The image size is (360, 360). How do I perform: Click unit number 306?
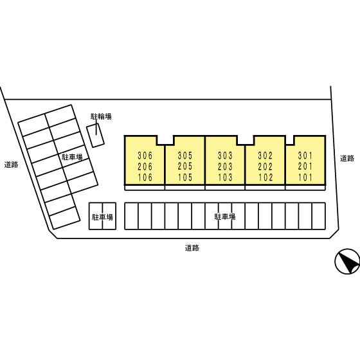145,156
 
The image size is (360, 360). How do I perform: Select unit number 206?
145,166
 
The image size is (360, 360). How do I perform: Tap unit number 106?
145,177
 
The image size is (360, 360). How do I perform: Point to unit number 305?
185,156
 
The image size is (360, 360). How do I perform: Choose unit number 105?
185,177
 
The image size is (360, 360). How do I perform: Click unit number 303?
225,156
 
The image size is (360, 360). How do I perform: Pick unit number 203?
225,166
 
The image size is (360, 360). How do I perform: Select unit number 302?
265,156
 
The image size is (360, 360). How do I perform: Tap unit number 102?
265,177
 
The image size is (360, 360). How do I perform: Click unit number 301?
305,156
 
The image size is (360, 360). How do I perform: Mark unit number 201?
305,166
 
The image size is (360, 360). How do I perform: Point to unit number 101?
305,177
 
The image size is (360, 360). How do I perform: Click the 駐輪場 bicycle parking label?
101,116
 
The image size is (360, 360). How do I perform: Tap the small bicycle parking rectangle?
96,135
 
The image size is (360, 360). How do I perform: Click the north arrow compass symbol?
348,261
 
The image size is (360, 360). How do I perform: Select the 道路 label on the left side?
11,165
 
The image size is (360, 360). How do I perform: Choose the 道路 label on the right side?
347,158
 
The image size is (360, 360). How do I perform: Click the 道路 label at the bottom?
192,248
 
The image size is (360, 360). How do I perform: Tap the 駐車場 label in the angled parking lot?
72,157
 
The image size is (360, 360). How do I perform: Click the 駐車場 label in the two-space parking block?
102,217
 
